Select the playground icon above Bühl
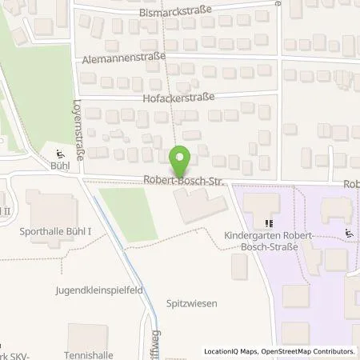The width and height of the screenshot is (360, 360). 59,154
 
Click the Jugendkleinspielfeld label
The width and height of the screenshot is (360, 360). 98,290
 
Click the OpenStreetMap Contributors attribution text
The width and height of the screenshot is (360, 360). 308,351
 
